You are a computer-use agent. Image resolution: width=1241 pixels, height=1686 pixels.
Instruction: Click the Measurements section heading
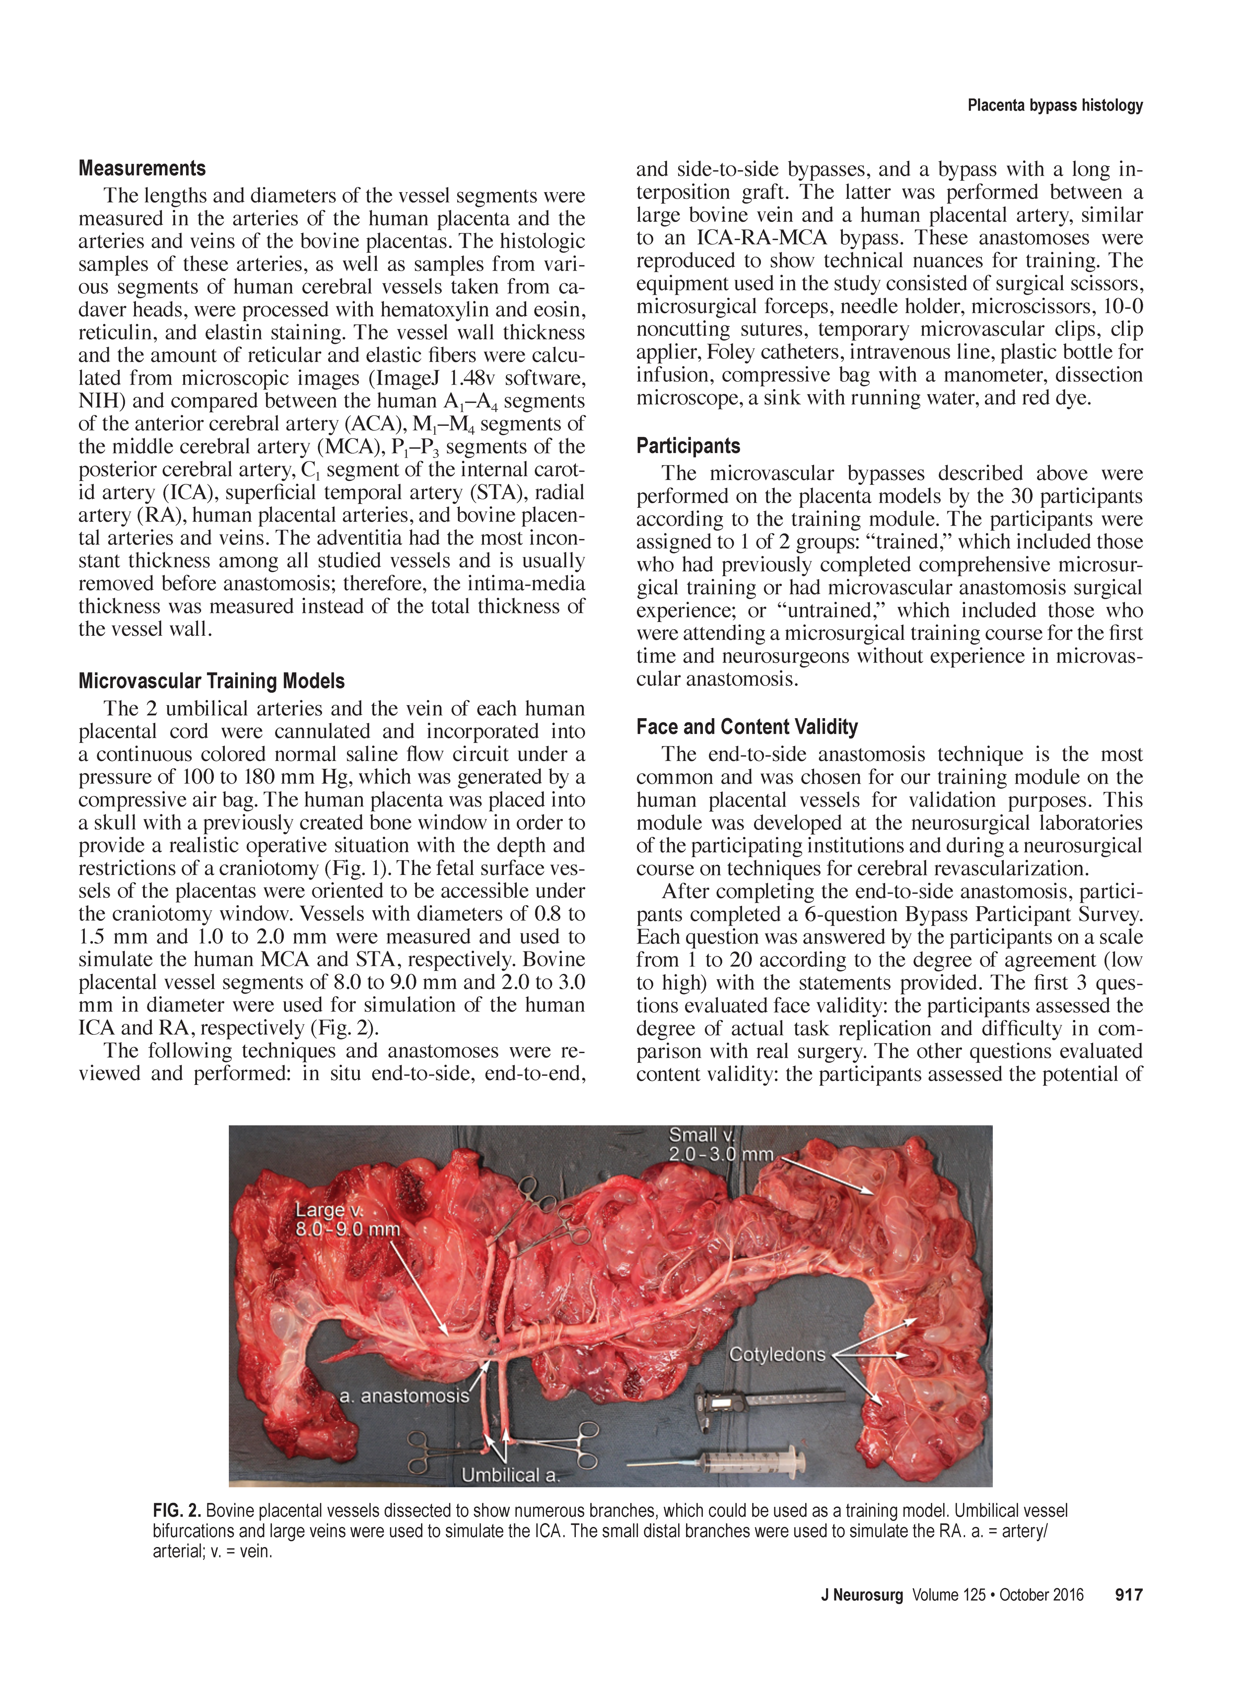coord(142,168)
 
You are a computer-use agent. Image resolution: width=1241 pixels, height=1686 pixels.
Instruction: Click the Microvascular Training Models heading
coord(211,681)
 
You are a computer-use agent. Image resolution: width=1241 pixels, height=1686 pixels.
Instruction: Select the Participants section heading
coord(688,446)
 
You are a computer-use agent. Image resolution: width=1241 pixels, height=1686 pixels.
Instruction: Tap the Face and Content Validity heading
coord(747,727)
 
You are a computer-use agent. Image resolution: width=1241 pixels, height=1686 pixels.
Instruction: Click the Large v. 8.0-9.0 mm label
coord(347,1219)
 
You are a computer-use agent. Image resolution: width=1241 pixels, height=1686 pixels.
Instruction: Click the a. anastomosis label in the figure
coord(404,1396)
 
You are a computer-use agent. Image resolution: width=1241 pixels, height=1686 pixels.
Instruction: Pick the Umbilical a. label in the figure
coord(511,1475)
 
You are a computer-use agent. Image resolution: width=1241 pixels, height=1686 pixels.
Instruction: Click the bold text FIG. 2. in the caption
coord(176,1510)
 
